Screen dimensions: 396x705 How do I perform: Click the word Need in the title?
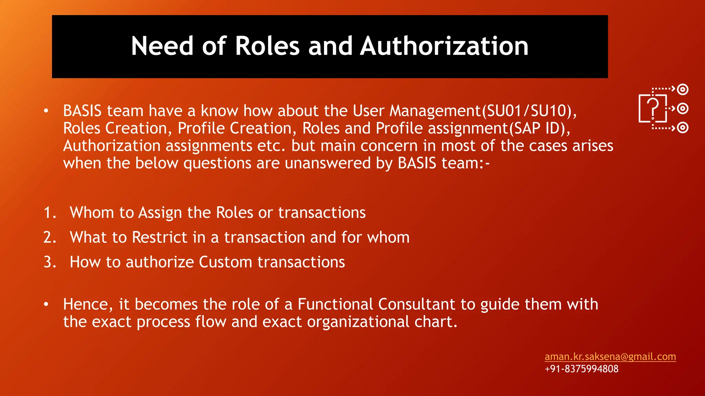(162, 46)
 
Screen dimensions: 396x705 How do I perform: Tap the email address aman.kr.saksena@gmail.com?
(610, 356)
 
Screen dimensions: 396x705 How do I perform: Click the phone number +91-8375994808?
(581, 369)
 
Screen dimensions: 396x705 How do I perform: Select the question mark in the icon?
(652, 107)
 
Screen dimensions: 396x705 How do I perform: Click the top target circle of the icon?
(682, 89)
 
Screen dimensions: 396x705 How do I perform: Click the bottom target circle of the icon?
(682, 128)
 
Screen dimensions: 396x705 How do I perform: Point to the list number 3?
(49, 262)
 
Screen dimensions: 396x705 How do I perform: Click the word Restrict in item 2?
(159, 237)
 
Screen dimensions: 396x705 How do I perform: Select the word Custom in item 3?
(225, 262)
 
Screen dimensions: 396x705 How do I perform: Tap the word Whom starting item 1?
(92, 212)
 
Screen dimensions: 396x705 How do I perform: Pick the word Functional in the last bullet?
(335, 305)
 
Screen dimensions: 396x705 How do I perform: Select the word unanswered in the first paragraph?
(327, 163)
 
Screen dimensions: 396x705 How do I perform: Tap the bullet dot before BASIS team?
(46, 111)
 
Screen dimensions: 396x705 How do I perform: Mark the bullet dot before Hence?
(46, 305)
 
